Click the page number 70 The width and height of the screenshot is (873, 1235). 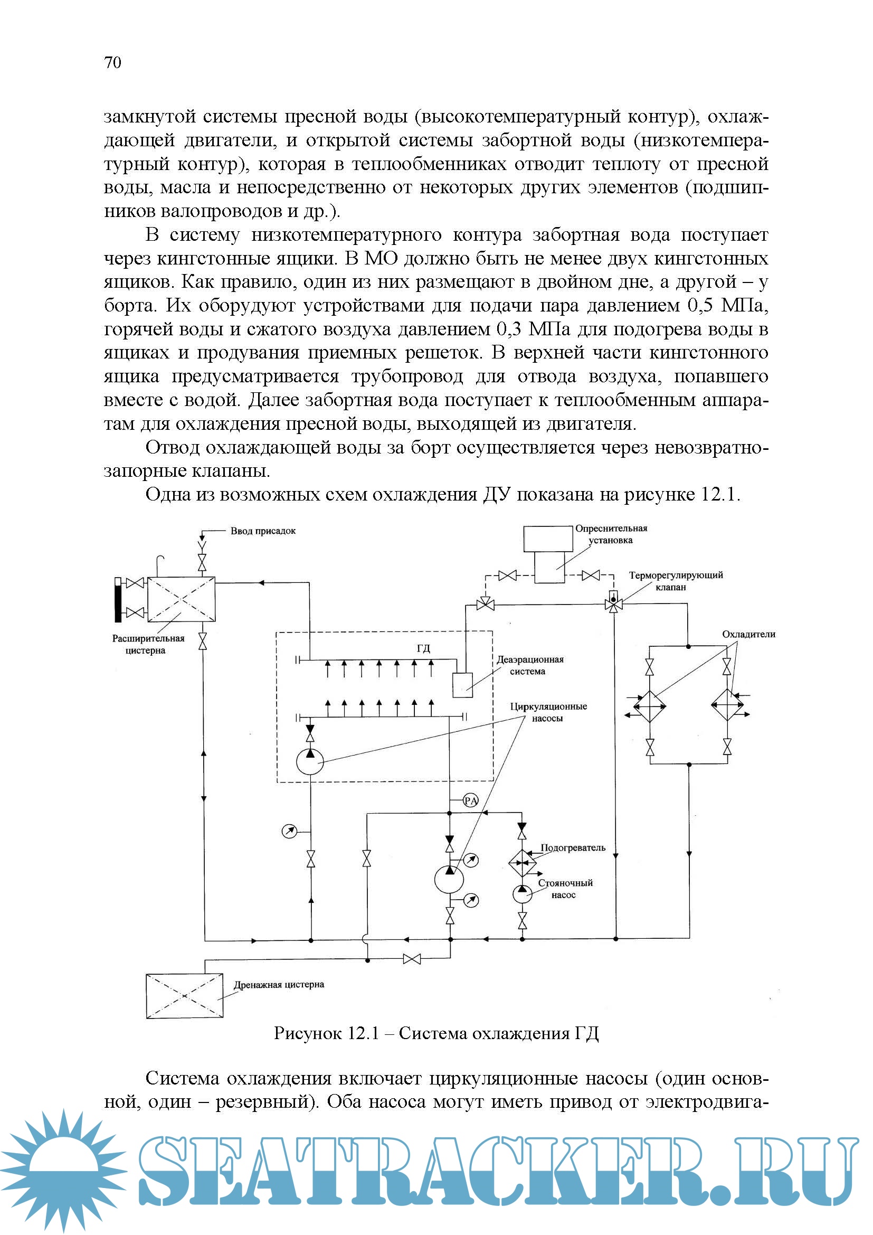click(113, 63)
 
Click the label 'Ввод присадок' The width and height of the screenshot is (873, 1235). click(263, 532)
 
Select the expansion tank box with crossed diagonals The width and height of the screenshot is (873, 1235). click(181, 600)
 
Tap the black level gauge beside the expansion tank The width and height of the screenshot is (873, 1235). click(118, 600)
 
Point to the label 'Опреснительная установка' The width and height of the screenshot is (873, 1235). click(611, 534)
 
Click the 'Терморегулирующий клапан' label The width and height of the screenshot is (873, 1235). click(675, 581)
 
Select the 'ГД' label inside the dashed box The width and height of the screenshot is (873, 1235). click(424, 648)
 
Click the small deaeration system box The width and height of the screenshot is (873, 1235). click(462, 685)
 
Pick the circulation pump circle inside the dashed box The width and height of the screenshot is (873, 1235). click(310, 762)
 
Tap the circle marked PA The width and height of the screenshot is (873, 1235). click(470, 801)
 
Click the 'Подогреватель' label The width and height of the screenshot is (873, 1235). click(573, 849)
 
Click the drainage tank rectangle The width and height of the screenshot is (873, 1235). click(184, 996)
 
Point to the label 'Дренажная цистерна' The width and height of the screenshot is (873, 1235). click(279, 985)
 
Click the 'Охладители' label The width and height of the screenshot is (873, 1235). click(748, 634)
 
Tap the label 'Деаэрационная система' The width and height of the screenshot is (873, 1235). click(529, 665)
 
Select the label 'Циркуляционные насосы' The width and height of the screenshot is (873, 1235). click(548, 712)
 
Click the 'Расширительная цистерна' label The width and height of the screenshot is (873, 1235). click(148, 644)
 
